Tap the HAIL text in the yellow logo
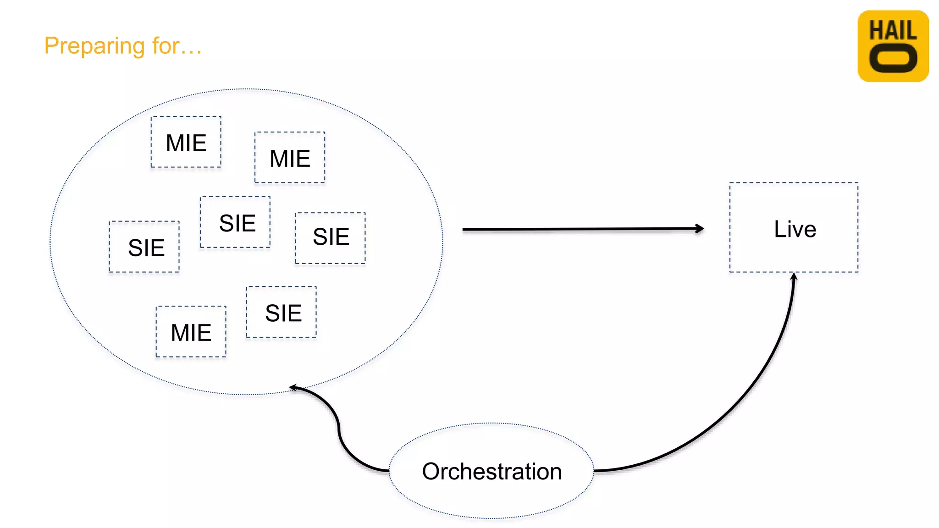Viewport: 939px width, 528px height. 893,31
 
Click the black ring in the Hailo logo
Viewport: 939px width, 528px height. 893,59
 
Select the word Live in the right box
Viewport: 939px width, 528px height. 795,229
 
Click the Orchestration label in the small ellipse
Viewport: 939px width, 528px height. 492,471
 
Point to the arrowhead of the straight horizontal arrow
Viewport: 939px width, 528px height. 699,228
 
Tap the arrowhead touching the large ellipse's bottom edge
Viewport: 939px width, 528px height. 294,388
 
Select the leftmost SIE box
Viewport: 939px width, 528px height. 144,247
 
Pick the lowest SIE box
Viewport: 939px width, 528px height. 281,313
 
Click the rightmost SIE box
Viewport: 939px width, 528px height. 330,237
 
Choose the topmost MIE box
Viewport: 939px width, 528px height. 186,142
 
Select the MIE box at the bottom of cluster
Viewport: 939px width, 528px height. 191,332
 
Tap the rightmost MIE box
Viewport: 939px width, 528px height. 290,158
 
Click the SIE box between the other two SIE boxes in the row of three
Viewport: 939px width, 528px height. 235,222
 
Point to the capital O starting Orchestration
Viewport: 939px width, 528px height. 431,472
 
